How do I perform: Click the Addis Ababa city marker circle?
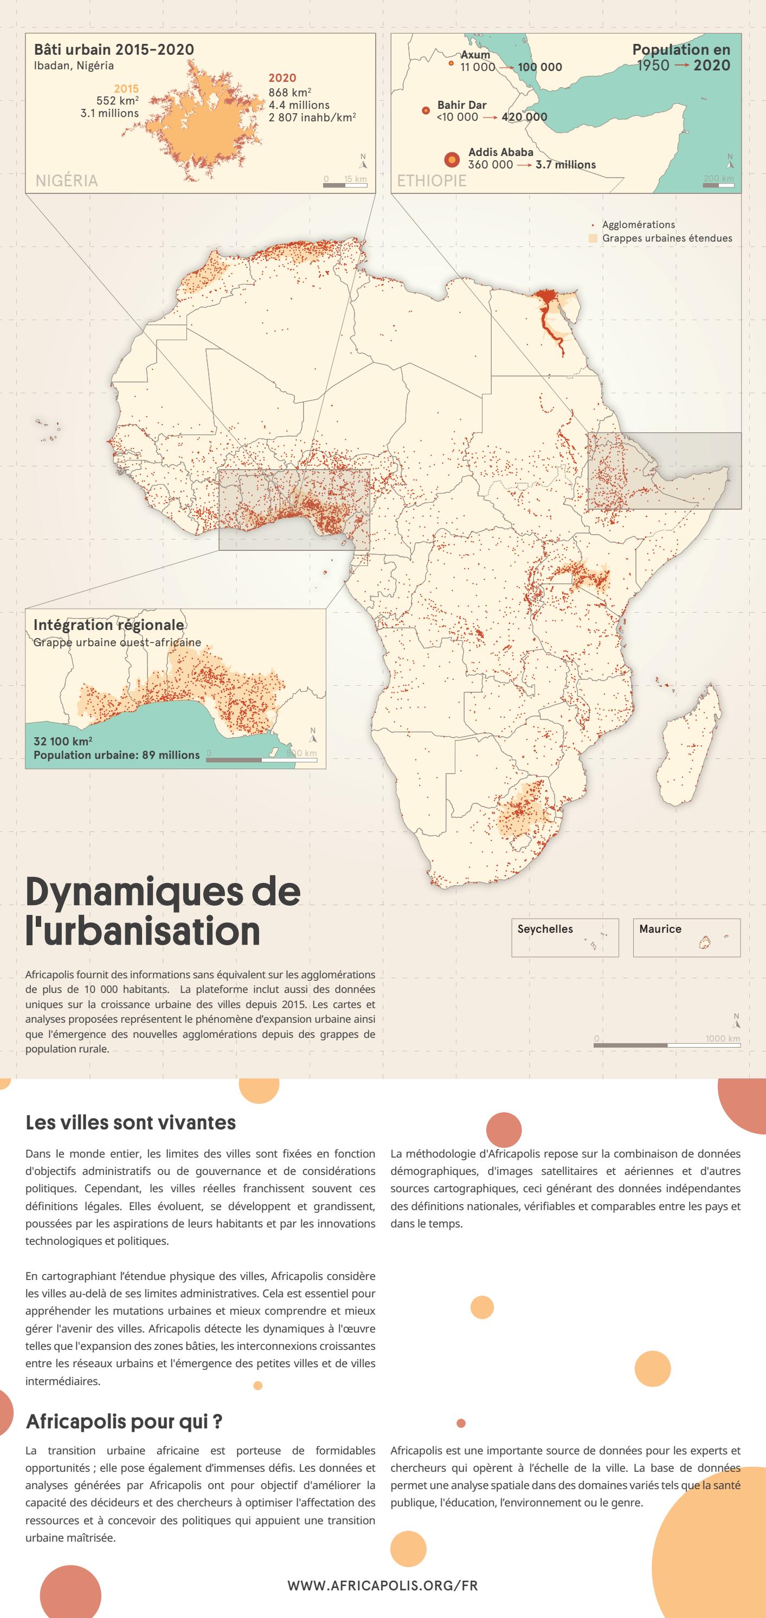(451, 160)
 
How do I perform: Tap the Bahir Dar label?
(461, 105)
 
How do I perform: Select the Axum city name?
(475, 55)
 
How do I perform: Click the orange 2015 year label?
(126, 88)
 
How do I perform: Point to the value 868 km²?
(289, 92)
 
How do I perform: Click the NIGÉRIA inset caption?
(67, 181)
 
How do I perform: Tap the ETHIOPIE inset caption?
(432, 181)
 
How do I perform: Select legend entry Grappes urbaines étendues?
(667, 238)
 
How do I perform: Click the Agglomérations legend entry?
(639, 224)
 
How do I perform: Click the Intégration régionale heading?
(108, 625)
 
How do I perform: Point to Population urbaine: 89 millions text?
(116, 755)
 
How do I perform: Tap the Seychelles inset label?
(545, 929)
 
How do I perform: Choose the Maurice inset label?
(660, 929)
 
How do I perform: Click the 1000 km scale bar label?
(722, 1038)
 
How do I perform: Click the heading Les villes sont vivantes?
(131, 1122)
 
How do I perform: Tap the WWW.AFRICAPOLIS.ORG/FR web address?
(383, 1585)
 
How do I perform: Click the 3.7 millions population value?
(565, 165)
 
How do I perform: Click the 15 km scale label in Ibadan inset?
(355, 179)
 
